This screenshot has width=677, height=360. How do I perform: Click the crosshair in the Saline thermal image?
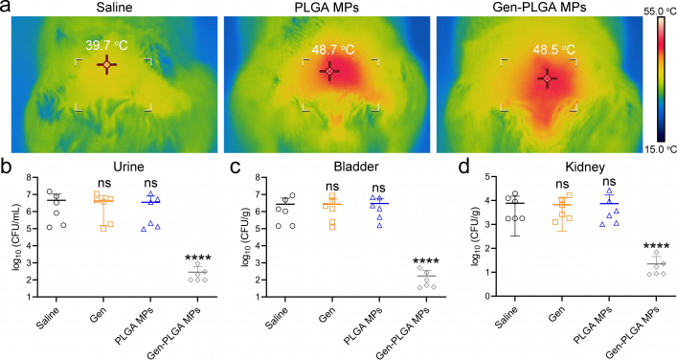(106, 66)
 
